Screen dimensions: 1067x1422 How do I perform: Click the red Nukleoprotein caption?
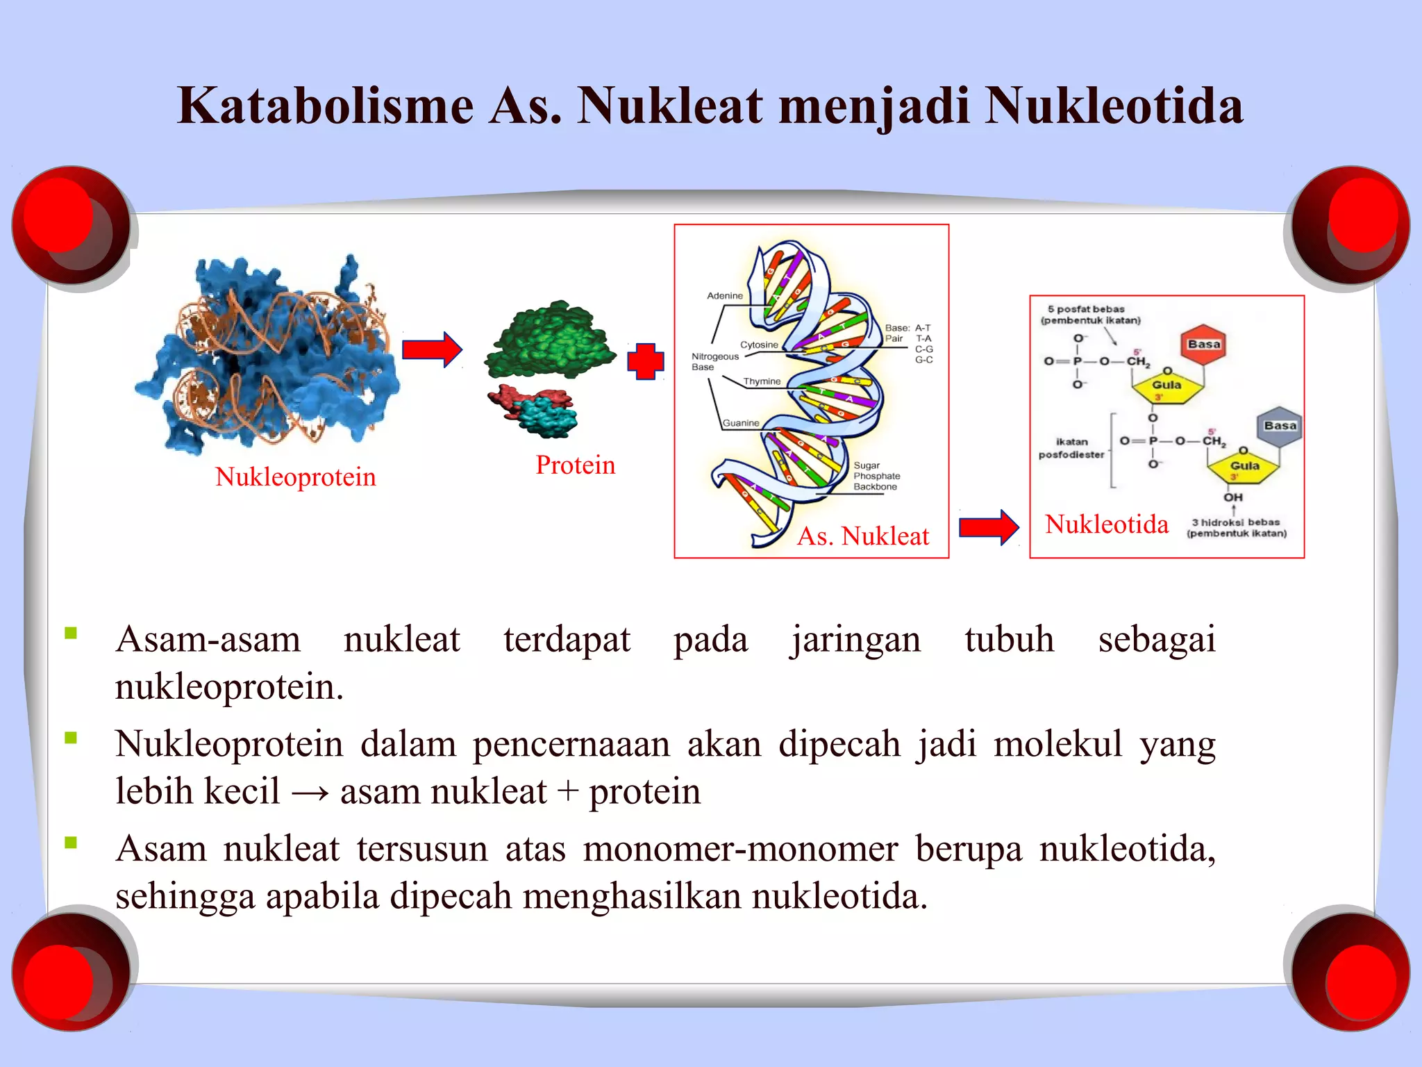(x=295, y=477)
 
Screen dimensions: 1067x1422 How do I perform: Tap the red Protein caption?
(x=575, y=465)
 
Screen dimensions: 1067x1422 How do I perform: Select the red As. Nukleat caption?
(x=862, y=536)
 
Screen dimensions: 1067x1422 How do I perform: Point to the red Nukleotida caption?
(x=1107, y=524)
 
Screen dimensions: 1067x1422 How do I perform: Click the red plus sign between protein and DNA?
(x=645, y=361)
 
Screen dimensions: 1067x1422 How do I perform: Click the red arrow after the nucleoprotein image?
(x=432, y=349)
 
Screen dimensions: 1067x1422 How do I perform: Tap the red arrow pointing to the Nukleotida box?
(x=989, y=528)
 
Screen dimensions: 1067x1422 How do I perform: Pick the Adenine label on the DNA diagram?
(x=724, y=296)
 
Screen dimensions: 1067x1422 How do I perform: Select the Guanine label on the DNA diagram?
(x=741, y=423)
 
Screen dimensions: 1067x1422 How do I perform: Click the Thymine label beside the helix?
(x=762, y=381)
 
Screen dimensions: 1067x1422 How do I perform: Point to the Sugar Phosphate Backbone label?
(x=876, y=477)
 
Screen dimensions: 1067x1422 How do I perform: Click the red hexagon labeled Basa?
(x=1203, y=345)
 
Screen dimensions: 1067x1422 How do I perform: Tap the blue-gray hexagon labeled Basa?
(x=1280, y=426)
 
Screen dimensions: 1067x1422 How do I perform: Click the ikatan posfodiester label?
(x=1071, y=448)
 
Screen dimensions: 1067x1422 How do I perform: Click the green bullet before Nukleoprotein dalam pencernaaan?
(x=71, y=738)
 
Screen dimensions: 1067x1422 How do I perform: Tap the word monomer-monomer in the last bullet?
(x=740, y=849)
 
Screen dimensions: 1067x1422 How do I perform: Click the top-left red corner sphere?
(x=69, y=224)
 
